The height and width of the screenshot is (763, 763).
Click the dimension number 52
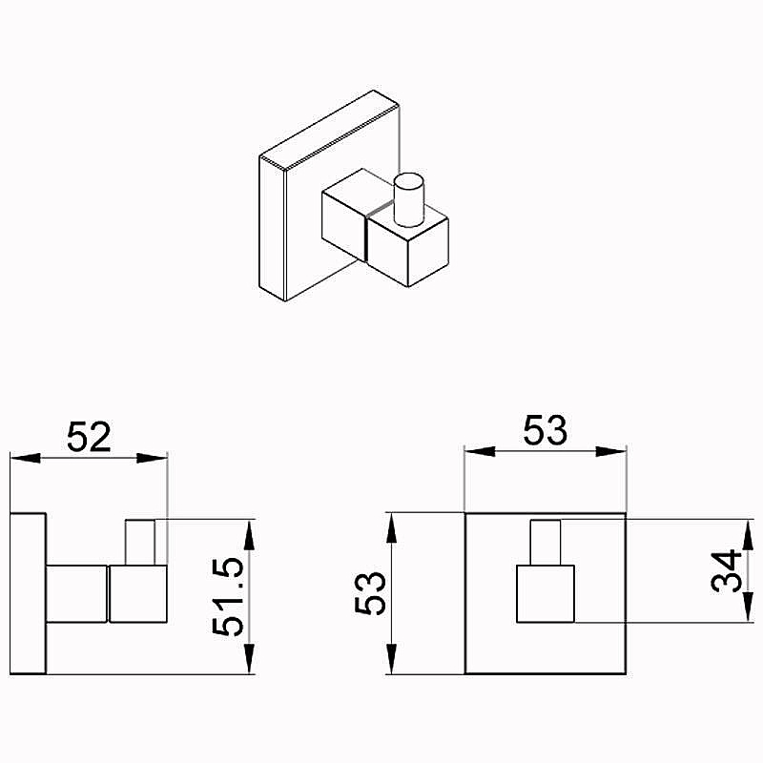(89, 437)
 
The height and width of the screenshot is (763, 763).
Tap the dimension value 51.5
(228, 597)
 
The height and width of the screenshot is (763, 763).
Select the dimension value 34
(726, 570)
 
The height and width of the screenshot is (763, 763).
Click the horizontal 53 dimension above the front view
(545, 430)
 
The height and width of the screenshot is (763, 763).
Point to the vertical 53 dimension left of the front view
(370, 593)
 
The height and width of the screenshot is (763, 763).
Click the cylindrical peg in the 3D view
(409, 199)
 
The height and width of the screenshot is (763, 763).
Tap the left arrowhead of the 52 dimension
(26, 458)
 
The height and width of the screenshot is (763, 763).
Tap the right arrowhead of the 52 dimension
(152, 458)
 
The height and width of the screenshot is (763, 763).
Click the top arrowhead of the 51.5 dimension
(249, 535)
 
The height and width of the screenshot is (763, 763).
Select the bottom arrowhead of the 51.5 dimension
(249, 659)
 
